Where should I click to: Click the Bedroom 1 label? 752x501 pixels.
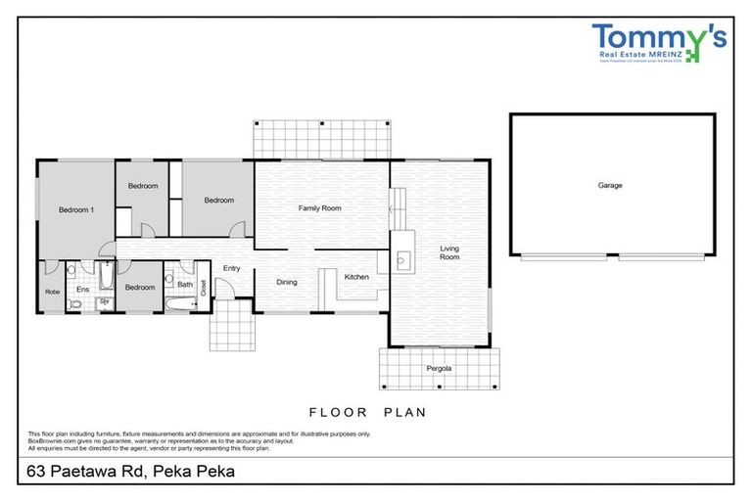pyautogui.click(x=75, y=209)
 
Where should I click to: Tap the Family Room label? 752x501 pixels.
pyautogui.click(x=319, y=207)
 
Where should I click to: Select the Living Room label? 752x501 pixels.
pyautogui.click(x=449, y=251)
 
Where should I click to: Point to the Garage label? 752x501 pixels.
pyautogui.click(x=610, y=185)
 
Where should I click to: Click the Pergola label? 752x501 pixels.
pyautogui.click(x=439, y=368)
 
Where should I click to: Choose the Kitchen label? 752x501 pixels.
pyautogui.click(x=356, y=277)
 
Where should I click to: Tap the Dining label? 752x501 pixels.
pyautogui.click(x=286, y=282)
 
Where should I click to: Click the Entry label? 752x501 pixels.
pyautogui.click(x=231, y=268)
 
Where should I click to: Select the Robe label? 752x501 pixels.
pyautogui.click(x=52, y=292)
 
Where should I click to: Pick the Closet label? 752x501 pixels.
pyautogui.click(x=204, y=287)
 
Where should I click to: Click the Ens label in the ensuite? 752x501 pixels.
pyautogui.click(x=82, y=290)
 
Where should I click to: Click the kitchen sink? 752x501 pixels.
pyautogui.click(x=402, y=261)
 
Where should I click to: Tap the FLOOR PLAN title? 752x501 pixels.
pyautogui.click(x=367, y=412)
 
